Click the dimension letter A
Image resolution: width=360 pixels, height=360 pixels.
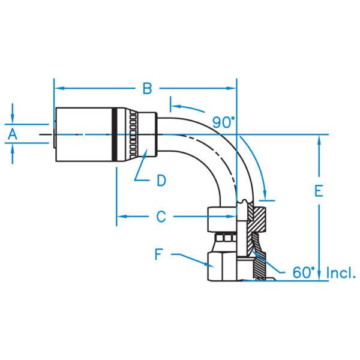[x=13, y=134]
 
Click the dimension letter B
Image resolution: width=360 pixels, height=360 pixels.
[x=147, y=88]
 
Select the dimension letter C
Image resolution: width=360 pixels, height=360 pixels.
[x=161, y=217]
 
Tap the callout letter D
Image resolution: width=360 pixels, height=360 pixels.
[x=161, y=180]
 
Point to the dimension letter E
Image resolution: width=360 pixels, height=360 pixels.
[x=319, y=191]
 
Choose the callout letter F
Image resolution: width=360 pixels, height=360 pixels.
[x=158, y=254]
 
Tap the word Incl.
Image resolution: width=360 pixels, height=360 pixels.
[x=341, y=273]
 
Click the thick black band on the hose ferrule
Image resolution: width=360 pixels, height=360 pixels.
[x=115, y=134]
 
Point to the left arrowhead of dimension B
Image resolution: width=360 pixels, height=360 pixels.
[x=59, y=88]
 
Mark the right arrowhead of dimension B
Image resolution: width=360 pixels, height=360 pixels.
[x=231, y=88]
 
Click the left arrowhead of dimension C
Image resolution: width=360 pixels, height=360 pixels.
[x=122, y=217]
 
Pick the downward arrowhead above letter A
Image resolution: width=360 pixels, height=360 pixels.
[x=13, y=118]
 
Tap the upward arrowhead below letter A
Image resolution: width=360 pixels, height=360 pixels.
[x=13, y=149]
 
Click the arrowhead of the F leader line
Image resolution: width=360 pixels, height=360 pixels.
[x=209, y=265]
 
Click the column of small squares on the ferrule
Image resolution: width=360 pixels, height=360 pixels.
[x=133, y=134]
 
